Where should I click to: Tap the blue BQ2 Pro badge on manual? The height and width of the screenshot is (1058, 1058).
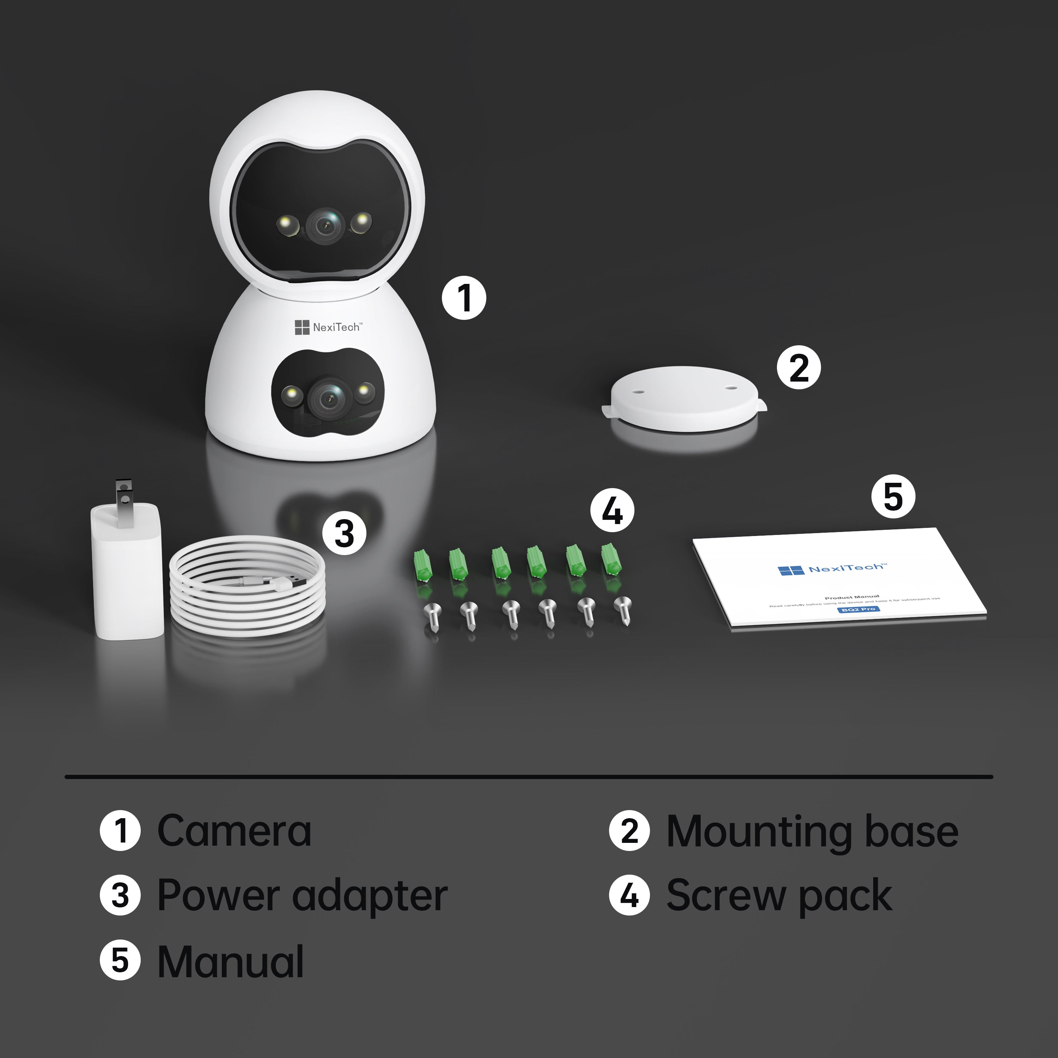859,609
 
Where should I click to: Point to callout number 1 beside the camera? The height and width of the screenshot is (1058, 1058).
464,298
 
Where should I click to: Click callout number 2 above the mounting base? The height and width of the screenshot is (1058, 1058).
798,367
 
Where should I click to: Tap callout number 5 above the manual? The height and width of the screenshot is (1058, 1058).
893,496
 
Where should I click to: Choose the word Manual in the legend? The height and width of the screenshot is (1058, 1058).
230,962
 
